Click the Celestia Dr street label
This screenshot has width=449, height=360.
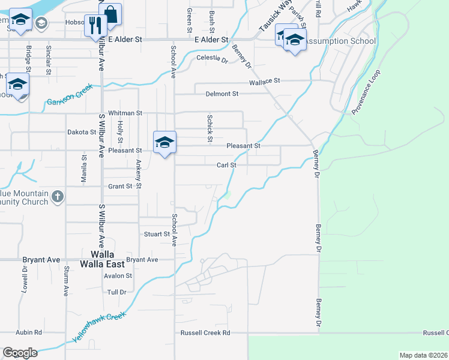[x=213, y=59]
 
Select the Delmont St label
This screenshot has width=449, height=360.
[x=222, y=94]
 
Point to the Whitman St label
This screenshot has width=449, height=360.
[x=125, y=113]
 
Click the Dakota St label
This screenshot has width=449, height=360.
[x=82, y=132]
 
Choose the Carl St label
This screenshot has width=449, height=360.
[x=226, y=165]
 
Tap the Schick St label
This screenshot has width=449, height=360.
[x=210, y=129]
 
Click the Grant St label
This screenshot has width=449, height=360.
[x=120, y=187]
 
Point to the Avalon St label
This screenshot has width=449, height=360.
[x=118, y=276]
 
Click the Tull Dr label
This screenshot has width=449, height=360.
[x=116, y=292]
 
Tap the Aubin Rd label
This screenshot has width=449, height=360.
[x=29, y=332]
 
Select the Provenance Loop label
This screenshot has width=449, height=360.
[x=366, y=92]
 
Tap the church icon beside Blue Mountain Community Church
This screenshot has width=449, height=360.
[x=57, y=197]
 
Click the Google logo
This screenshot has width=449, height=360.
[x=20, y=353]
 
